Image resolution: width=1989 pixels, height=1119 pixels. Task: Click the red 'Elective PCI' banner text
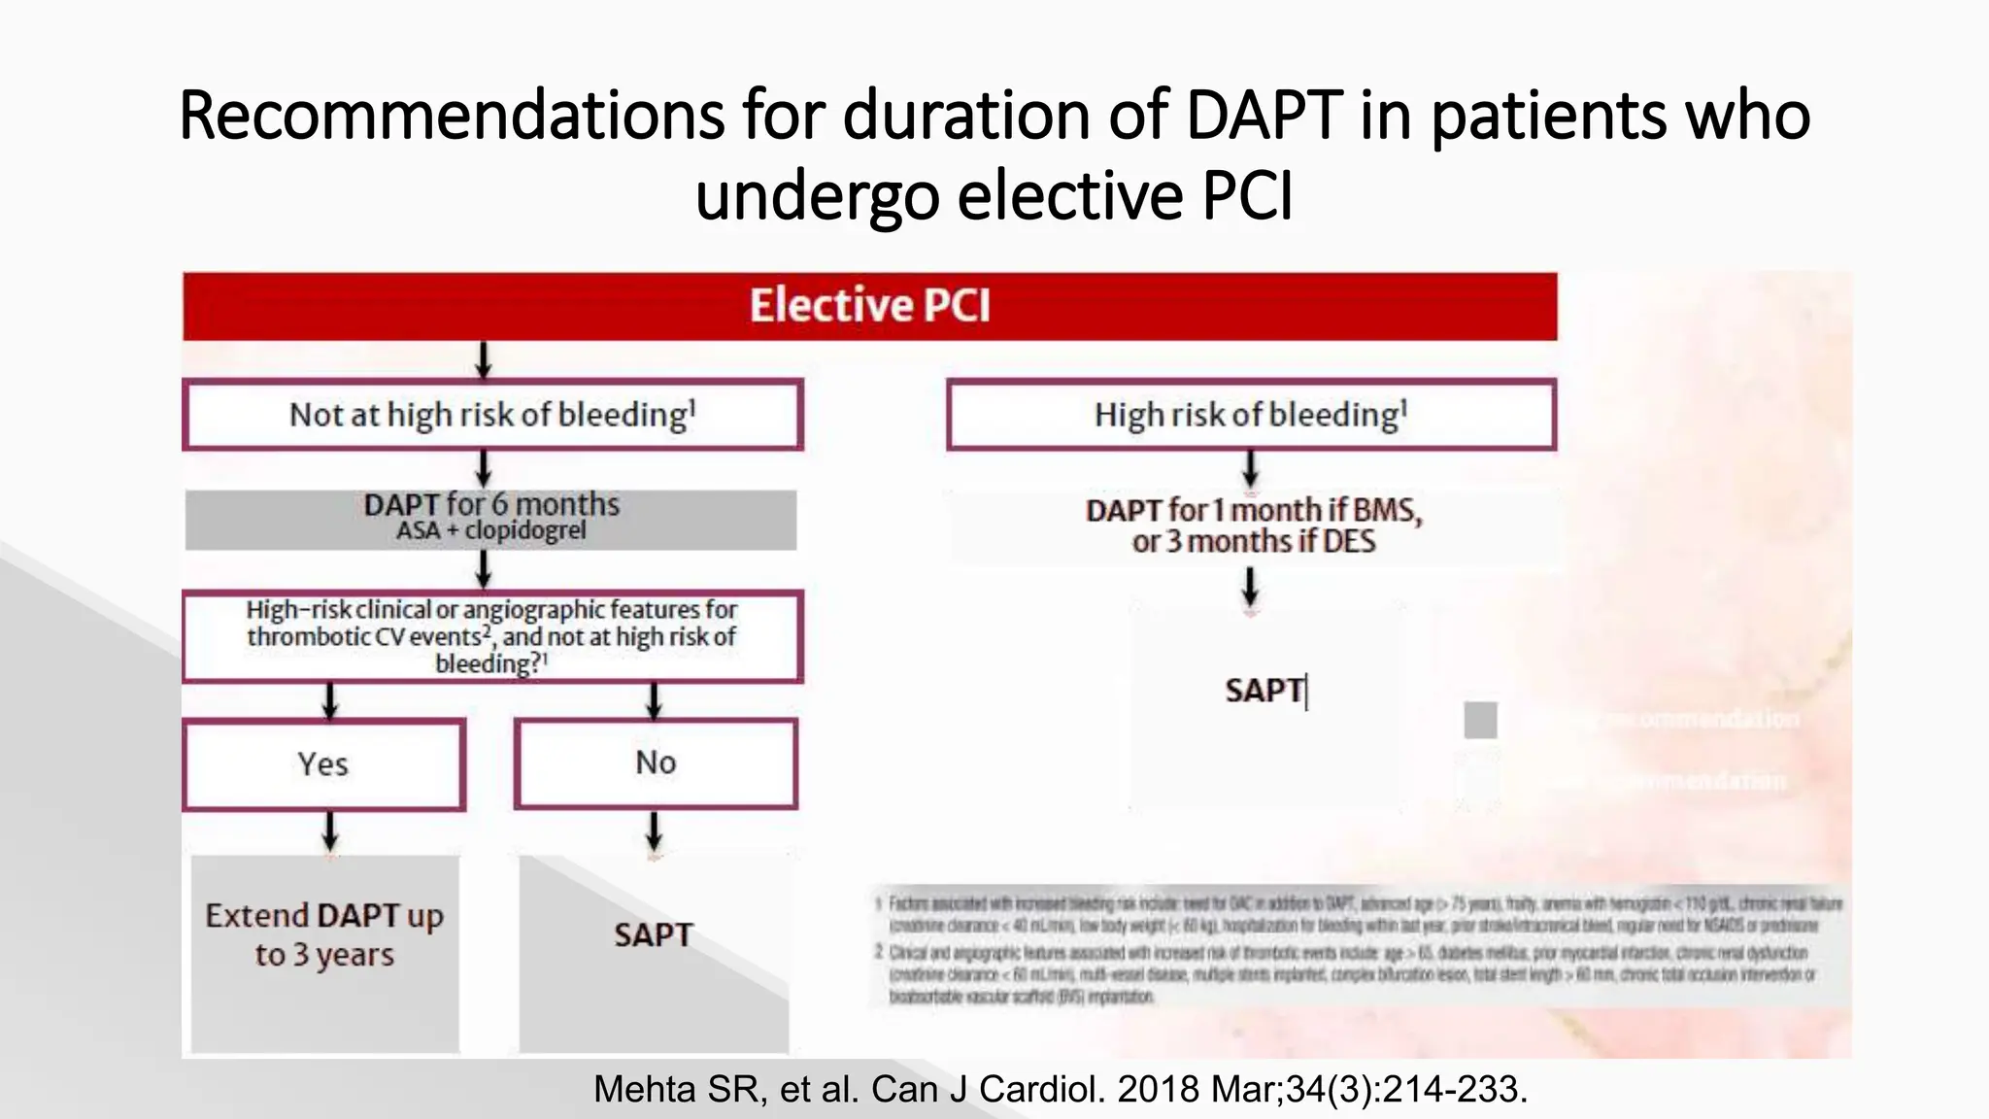coord(869,305)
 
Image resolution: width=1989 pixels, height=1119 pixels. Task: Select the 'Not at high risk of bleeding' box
coord(492,415)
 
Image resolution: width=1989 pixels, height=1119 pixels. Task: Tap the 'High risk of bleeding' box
coord(1251,415)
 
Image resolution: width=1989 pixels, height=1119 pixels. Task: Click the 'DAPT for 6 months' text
coord(491,504)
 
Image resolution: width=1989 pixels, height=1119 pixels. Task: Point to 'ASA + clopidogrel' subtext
coord(491,530)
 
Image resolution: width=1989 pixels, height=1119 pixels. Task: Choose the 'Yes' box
coord(323,764)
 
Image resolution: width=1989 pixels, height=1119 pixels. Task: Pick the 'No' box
coord(656,763)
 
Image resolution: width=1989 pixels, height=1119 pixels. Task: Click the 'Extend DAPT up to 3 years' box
coord(324,934)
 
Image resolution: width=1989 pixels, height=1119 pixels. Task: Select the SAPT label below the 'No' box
coord(654,934)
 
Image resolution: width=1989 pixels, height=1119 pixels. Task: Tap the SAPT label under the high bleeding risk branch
coord(1264,691)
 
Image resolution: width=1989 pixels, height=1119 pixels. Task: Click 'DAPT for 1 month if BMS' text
coord(1253,510)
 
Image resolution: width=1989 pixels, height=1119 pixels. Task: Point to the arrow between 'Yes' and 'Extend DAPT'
coord(330,831)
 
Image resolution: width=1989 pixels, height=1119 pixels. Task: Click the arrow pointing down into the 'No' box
coord(655,700)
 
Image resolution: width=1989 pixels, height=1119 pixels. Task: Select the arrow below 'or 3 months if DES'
coord(1251,588)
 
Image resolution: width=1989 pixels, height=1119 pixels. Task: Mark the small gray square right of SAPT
coord(1480,720)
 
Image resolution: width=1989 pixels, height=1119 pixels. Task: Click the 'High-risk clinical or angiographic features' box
coord(492,636)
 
